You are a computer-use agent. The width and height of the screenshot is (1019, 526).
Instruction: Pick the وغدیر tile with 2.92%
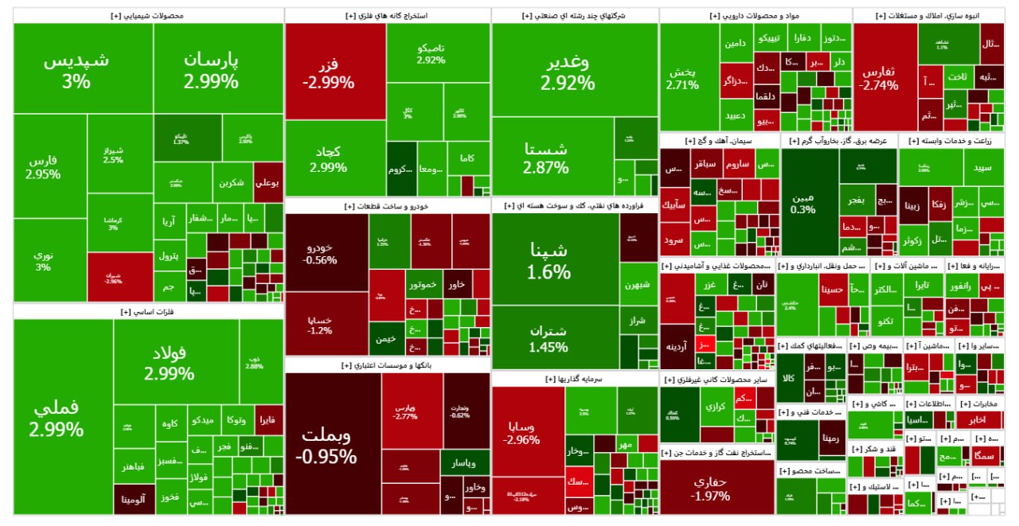pyautogui.click(x=567, y=72)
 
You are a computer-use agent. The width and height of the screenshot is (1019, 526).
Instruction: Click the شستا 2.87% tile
pyautogui.click(x=546, y=157)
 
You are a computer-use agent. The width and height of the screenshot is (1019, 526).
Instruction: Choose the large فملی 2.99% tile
pyautogui.click(x=57, y=419)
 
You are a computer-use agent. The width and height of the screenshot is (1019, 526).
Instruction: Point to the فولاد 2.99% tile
pyautogui.click(x=170, y=363)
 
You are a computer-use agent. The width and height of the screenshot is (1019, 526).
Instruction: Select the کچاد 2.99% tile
pyautogui.click(x=328, y=158)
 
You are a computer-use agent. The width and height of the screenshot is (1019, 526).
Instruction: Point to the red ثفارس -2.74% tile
pyautogui.click(x=879, y=77)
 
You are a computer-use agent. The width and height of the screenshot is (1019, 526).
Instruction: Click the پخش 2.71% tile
pyautogui.click(x=682, y=77)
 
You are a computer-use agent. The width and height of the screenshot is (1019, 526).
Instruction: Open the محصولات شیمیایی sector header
pyautogui.click(x=149, y=15)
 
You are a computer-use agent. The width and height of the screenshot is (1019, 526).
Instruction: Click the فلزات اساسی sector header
pyautogui.click(x=149, y=312)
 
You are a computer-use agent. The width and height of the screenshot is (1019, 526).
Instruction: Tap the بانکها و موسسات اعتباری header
pyautogui.click(x=388, y=365)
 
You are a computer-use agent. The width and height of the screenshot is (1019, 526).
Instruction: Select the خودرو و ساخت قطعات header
pyautogui.click(x=388, y=206)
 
